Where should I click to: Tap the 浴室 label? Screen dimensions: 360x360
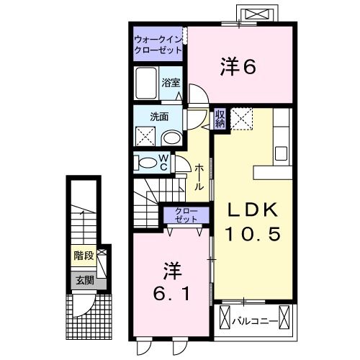point(170,82)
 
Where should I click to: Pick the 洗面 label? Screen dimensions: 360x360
point(159,117)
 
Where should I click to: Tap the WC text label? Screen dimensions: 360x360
point(163,162)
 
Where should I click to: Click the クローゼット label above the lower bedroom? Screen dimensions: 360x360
point(186,215)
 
